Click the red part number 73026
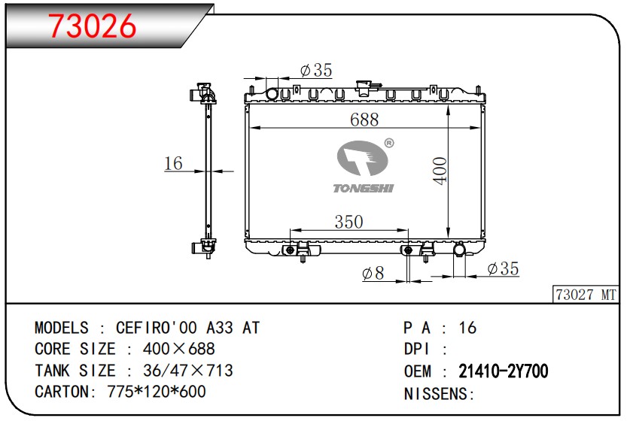click(x=93, y=26)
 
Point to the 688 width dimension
click(x=364, y=120)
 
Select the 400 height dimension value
click(x=440, y=171)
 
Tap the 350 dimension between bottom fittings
click(x=348, y=222)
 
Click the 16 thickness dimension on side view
click(x=174, y=163)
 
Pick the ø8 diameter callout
click(x=373, y=273)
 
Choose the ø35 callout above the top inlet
click(x=316, y=70)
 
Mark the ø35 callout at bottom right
click(x=503, y=268)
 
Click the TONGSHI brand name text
click(x=364, y=188)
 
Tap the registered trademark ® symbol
click(x=389, y=143)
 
